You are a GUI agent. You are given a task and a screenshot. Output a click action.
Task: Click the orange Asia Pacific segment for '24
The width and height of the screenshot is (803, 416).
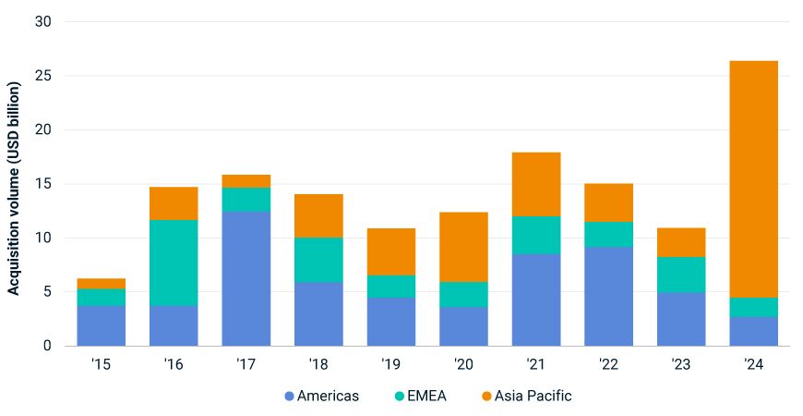753,179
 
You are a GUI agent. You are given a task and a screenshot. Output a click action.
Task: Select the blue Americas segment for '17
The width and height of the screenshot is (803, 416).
246,278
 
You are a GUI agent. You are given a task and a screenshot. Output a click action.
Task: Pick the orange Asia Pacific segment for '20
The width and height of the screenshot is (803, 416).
463,247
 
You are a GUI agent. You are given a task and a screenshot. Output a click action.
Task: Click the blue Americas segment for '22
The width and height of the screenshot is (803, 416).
608,296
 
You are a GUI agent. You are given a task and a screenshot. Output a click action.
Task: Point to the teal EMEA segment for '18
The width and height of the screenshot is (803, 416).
318,260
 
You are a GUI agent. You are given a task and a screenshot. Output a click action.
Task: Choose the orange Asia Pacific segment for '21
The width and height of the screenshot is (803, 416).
536,184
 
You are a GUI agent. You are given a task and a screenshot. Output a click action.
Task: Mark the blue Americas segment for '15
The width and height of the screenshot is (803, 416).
102,325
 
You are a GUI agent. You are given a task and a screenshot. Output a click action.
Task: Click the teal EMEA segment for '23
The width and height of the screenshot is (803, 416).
681,275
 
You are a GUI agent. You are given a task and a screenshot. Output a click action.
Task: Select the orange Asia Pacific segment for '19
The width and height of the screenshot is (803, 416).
391,251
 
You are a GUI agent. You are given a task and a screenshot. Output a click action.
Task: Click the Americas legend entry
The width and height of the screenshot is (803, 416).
321,396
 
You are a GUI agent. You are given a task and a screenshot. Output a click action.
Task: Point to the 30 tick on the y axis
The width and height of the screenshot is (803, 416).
43,21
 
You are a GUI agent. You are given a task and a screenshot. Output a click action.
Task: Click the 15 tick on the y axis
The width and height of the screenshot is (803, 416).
43,184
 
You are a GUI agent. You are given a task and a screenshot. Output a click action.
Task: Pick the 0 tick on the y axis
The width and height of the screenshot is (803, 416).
47,346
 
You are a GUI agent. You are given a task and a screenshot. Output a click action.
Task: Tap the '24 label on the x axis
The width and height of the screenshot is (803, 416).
753,364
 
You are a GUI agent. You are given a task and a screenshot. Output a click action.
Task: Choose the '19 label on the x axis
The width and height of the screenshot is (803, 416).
391,364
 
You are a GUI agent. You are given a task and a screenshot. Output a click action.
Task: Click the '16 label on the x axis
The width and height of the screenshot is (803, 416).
174,364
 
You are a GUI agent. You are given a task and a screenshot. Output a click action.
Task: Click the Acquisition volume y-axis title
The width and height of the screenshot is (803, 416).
15,189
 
